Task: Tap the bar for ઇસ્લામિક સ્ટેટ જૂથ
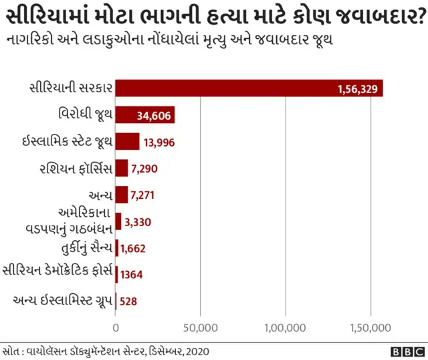pos(128,141)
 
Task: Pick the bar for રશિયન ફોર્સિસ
pos(122,168)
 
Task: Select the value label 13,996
pos(159,142)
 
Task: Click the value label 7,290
pos(144,169)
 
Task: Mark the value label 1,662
pos(133,248)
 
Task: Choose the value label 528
pos(128,301)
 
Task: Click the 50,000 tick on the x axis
pos(201,327)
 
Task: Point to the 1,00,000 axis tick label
pos(286,327)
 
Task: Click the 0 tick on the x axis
pos(116,327)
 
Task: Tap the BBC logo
pos(408,351)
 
